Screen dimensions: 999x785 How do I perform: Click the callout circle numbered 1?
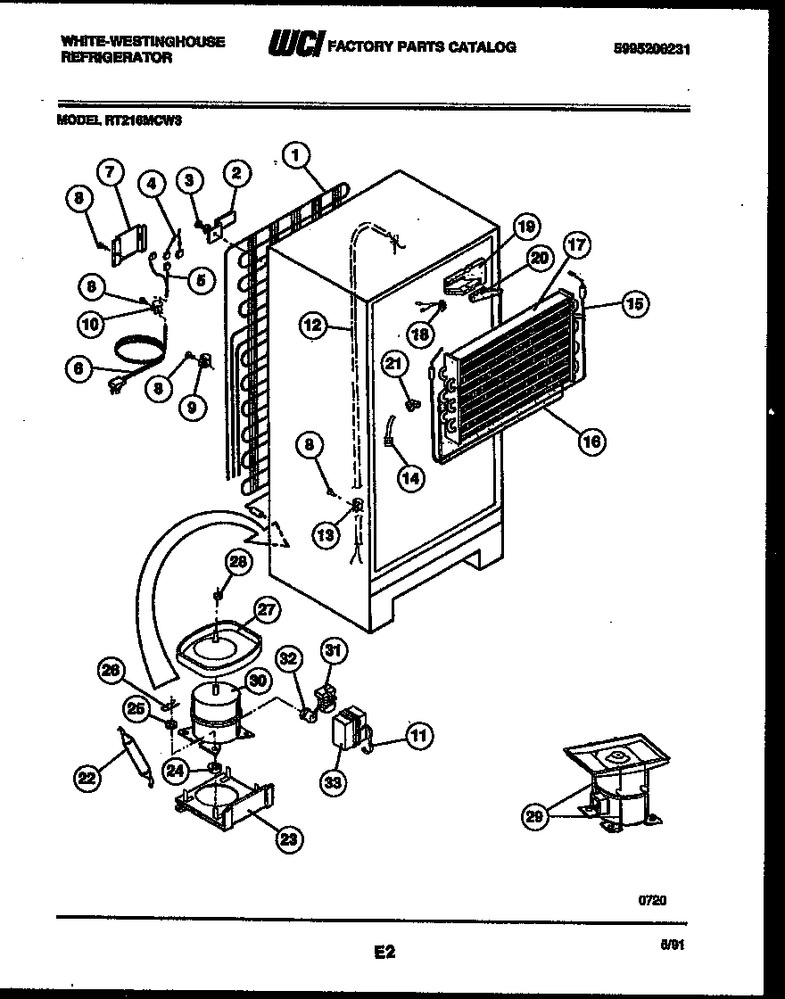point(297,156)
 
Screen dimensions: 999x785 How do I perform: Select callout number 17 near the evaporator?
point(577,244)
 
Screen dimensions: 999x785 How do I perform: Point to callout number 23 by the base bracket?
point(288,838)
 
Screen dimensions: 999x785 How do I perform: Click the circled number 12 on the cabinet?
point(312,327)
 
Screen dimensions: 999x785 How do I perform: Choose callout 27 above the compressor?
point(269,612)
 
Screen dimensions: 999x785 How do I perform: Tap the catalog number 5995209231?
point(652,51)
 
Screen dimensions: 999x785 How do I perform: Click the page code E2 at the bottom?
point(384,954)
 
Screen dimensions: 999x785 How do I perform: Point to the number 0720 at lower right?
point(652,901)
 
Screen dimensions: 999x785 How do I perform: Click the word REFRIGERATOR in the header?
point(116,56)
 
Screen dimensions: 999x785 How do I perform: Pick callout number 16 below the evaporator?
point(590,439)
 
